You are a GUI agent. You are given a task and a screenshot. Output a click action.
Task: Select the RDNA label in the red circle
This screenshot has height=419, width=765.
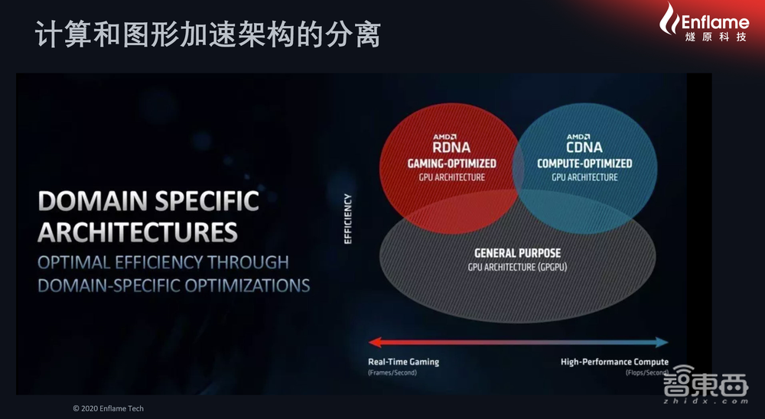click(x=450, y=147)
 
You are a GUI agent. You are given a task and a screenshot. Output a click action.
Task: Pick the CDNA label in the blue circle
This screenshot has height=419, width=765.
click(x=584, y=147)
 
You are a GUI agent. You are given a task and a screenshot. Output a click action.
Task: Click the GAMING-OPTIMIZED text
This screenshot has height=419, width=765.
click(x=451, y=164)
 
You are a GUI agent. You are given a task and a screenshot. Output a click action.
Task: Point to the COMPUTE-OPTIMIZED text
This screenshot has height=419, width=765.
click(x=584, y=164)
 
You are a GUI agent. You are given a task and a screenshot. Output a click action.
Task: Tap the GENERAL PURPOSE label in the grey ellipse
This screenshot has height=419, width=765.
click(x=517, y=253)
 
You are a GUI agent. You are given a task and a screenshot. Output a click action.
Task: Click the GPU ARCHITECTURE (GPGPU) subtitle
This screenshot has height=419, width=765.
click(x=517, y=267)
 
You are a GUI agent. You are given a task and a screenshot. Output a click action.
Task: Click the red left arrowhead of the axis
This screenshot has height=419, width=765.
click(x=374, y=343)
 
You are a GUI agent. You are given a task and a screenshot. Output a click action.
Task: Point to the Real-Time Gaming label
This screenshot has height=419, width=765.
click(x=404, y=362)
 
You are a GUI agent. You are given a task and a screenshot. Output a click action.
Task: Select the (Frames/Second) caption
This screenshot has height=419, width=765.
click(x=395, y=373)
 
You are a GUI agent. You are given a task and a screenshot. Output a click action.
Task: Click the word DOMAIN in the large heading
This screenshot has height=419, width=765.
click(x=88, y=202)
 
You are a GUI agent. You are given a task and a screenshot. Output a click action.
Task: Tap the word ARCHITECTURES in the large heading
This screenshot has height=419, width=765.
click(x=138, y=232)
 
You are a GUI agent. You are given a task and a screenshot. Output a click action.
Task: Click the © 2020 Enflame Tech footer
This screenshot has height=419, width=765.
click(x=108, y=408)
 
